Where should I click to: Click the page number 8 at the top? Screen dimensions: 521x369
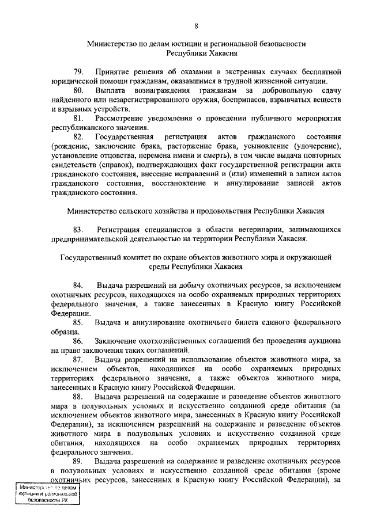[x=196, y=26]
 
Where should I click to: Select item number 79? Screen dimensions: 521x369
[x=78, y=72]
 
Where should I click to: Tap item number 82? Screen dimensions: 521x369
[x=78, y=136]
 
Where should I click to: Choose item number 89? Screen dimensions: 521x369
[x=78, y=462]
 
